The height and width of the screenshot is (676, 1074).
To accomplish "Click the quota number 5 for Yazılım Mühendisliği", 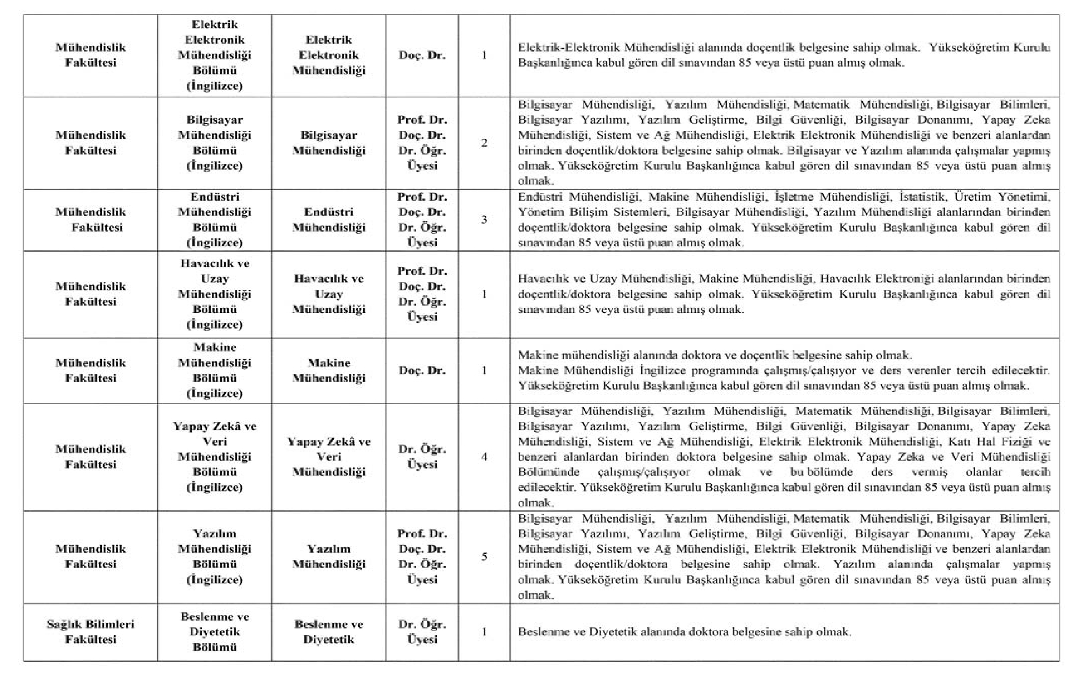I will click(484, 556).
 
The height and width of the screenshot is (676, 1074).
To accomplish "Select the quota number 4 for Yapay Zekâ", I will click(484, 457).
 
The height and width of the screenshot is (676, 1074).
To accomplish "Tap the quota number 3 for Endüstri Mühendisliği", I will click(484, 219).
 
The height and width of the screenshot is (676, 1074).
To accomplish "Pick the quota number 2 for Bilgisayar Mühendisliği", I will click(484, 143).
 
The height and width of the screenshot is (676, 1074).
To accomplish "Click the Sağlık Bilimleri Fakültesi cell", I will click(91, 632).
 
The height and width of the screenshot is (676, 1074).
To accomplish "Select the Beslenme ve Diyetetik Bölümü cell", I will click(215, 632).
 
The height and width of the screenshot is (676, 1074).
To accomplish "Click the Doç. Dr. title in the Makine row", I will click(422, 370).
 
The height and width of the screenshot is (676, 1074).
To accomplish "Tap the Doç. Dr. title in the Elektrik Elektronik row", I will click(422, 55).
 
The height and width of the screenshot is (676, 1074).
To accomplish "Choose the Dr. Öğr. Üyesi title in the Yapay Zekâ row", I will click(422, 457).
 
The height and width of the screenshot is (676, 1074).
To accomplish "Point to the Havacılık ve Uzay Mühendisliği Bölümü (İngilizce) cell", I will click(215, 294).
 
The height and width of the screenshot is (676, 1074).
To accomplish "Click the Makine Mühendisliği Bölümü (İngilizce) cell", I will click(215, 370).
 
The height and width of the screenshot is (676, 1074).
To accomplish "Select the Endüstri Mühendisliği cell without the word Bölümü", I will click(329, 219).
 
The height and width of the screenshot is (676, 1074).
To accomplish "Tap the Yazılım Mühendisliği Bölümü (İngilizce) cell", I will click(215, 556).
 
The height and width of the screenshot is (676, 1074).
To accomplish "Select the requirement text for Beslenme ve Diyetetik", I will click(684, 632).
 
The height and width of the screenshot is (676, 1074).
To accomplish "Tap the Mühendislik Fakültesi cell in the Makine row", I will click(91, 370).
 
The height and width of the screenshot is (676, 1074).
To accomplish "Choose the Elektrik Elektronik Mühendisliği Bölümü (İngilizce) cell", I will click(215, 55).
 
